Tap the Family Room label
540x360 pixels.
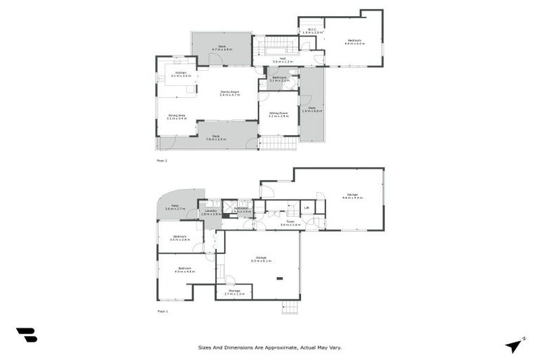click(228, 94)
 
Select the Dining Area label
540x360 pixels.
click(176, 117)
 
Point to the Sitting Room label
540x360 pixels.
click(278, 114)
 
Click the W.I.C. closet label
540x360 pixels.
click(311, 31)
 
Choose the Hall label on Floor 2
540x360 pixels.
click(282, 60)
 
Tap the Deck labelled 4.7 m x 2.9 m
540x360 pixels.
click(221, 49)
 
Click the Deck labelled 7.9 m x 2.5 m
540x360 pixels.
click(216, 137)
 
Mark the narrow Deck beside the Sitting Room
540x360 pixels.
click(311, 109)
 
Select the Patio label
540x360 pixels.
click(174, 207)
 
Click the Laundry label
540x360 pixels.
click(210, 212)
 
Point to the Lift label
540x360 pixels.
click(307, 208)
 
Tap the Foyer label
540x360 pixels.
click(290, 222)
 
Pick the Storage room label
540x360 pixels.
click(233, 291)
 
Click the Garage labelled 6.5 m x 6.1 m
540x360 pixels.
click(261, 259)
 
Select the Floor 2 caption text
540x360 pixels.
click(162, 160)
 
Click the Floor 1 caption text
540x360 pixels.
click(162, 311)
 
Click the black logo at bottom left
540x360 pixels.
click(26, 335)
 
